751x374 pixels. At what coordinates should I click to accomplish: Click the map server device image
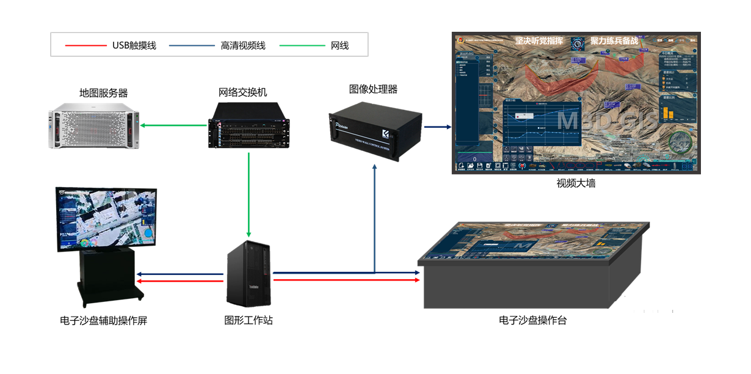tap(94, 126)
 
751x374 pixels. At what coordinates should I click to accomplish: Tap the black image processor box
tap(375, 130)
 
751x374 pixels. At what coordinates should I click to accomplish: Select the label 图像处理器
tap(373, 89)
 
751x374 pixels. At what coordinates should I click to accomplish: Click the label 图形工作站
tap(249, 320)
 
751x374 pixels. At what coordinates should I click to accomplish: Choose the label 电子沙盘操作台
tap(532, 320)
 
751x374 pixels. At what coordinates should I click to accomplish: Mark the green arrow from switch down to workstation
tap(249, 196)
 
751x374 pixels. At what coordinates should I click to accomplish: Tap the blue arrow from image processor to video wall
tap(437, 127)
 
